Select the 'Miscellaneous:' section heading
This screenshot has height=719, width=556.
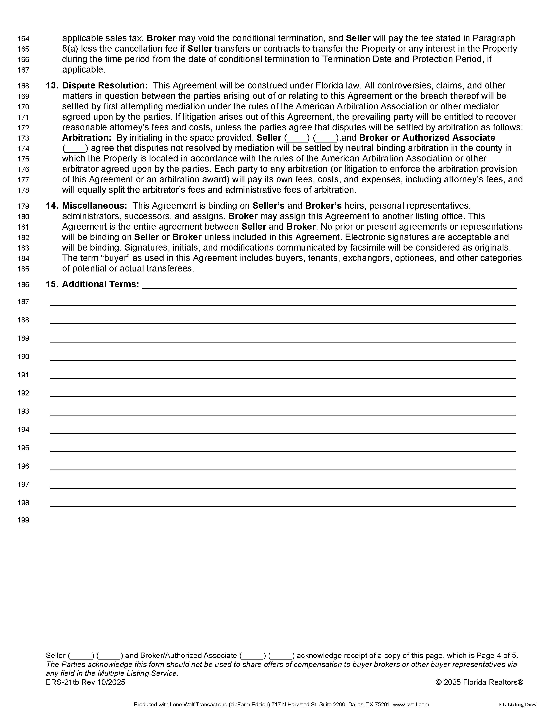[x=95, y=206]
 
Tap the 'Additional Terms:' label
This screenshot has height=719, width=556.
[x=101, y=284]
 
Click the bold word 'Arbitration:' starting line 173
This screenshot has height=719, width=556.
[x=87, y=138]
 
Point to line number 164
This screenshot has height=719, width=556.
[x=23, y=39]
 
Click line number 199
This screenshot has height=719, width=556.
[x=23, y=520]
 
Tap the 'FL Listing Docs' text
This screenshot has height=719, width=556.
[x=517, y=705]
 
